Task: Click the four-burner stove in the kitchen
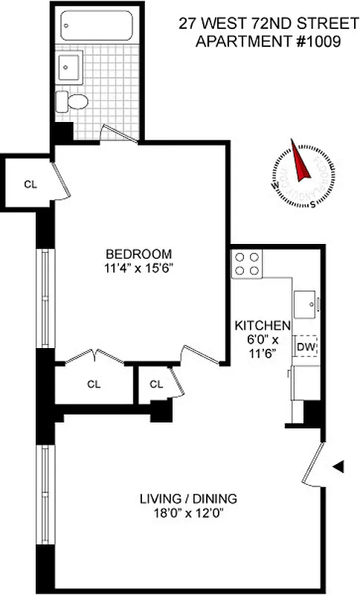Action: tap(248, 263)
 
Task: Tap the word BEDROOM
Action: tap(138, 253)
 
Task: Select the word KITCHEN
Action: tap(262, 326)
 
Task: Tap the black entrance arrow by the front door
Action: tap(338, 466)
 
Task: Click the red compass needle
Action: tap(302, 164)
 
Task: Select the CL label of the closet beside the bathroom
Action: tap(30, 184)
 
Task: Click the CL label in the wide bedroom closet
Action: tap(93, 384)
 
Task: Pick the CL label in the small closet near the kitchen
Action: tap(155, 384)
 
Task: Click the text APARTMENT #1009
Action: tap(268, 42)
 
